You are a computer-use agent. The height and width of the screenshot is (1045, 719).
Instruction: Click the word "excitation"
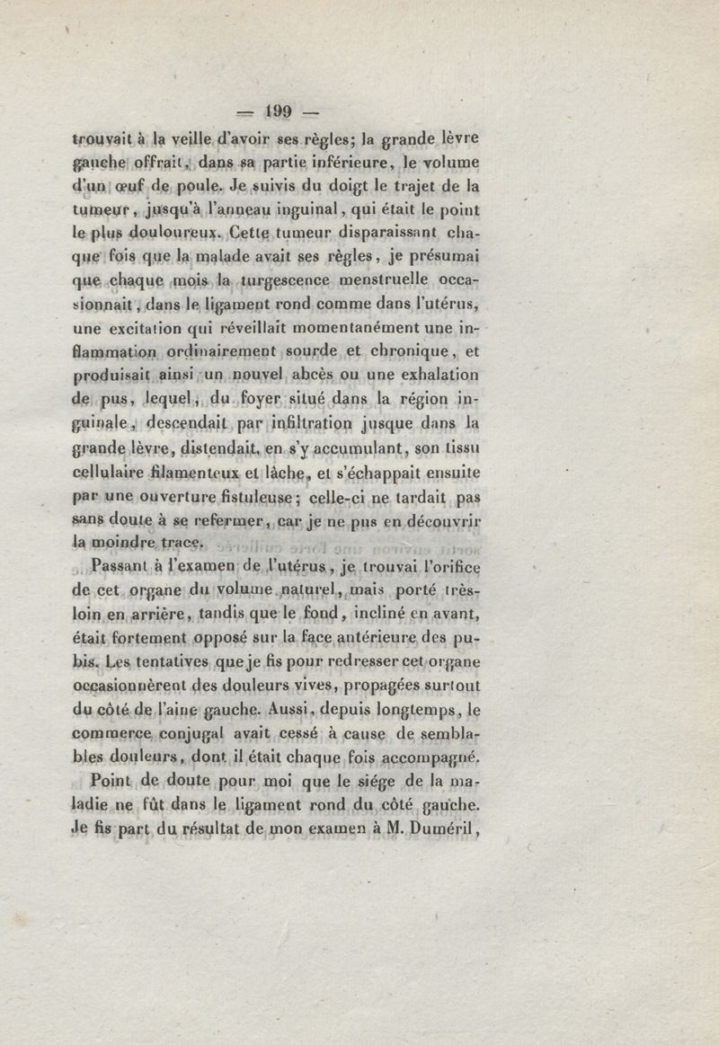152,328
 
